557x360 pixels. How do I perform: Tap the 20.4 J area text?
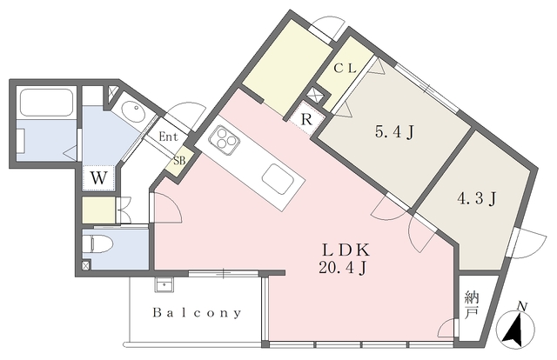[340, 267]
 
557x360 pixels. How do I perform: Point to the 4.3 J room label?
[477, 198]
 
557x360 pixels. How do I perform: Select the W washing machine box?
[98, 177]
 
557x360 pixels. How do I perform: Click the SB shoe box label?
[179, 161]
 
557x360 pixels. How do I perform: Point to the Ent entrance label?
[168, 137]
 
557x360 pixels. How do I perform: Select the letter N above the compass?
[522, 306]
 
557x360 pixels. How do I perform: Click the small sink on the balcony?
[162, 283]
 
